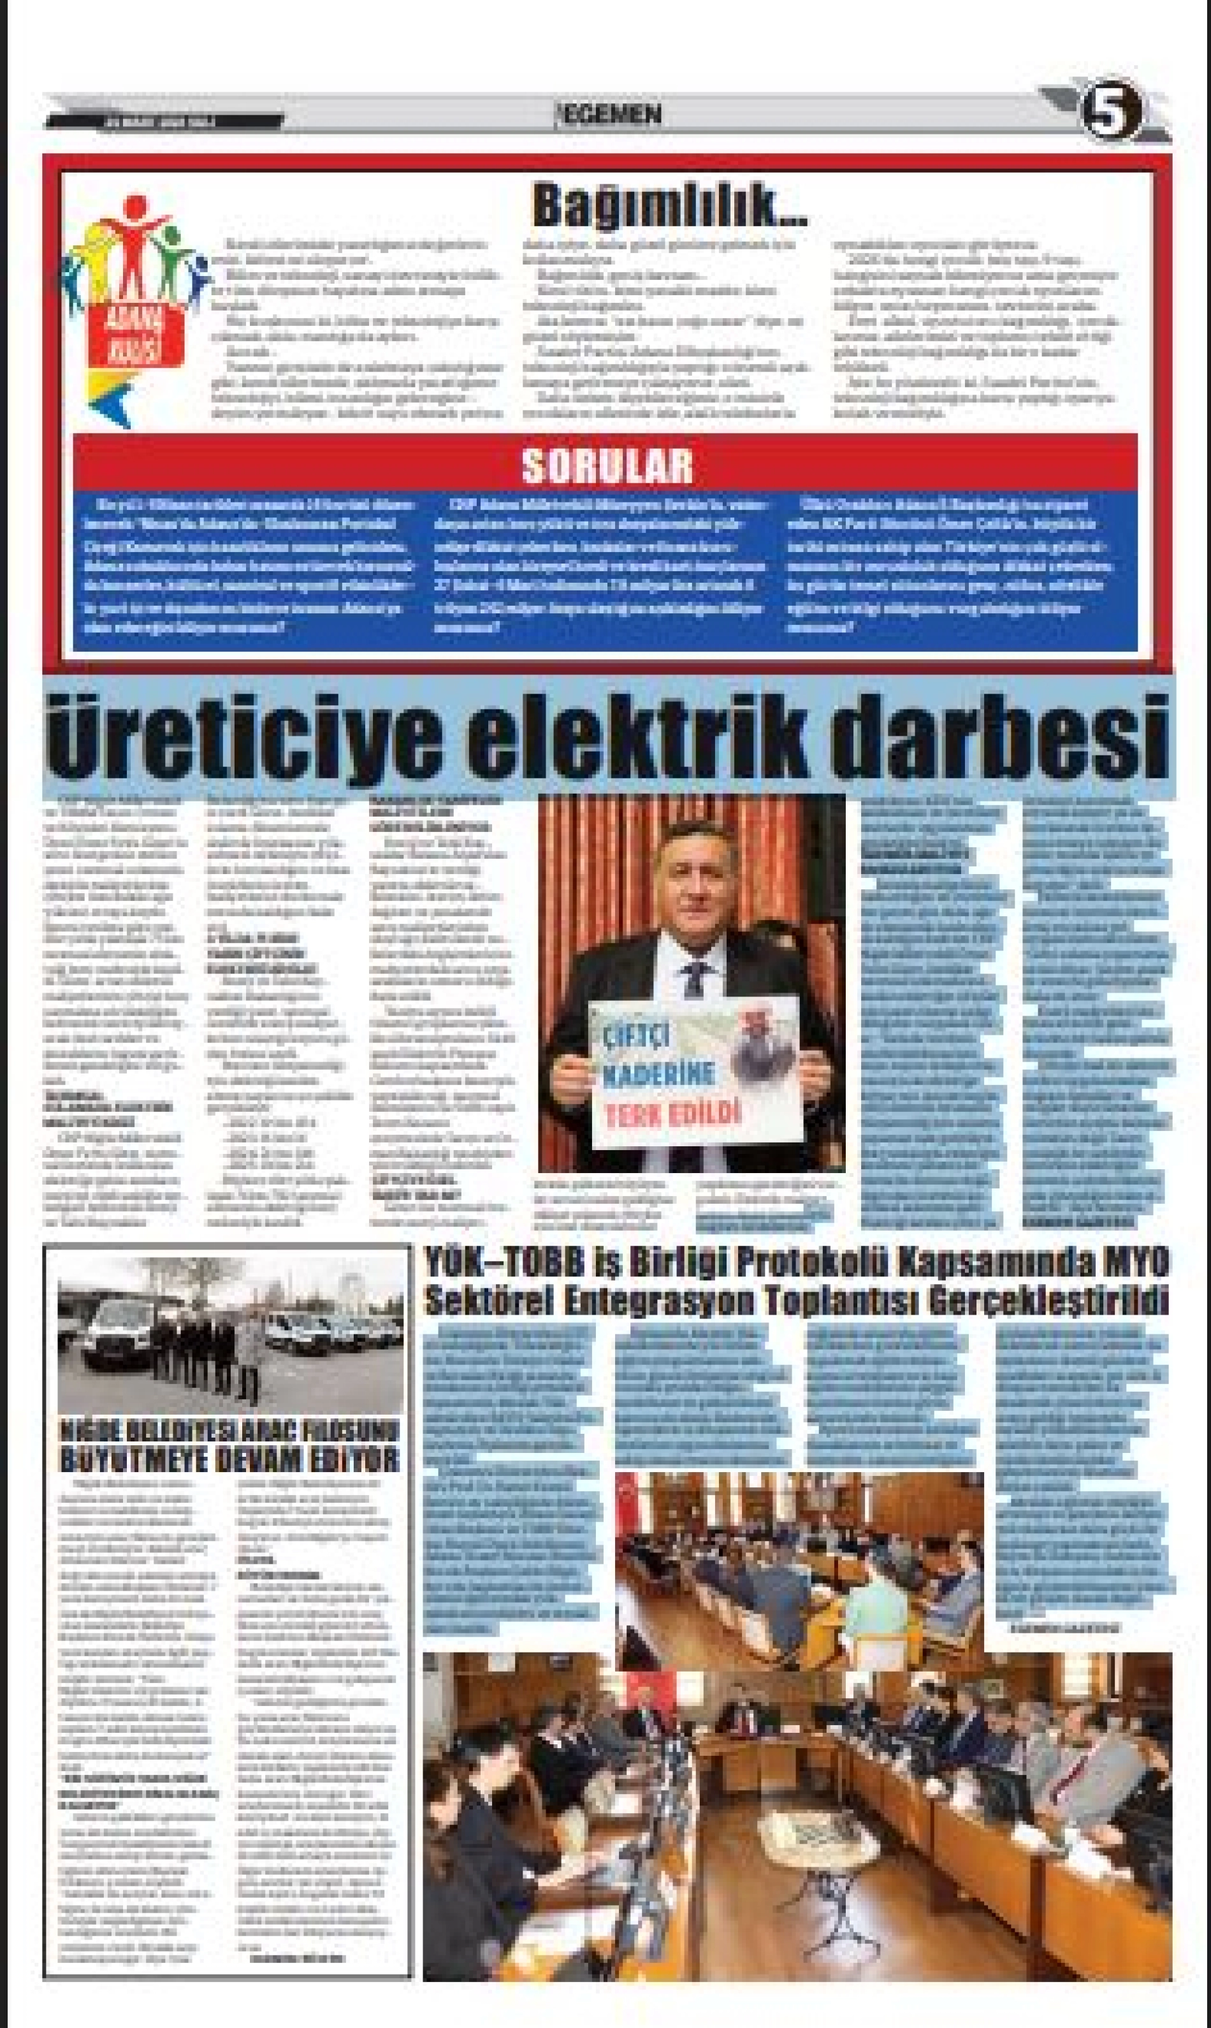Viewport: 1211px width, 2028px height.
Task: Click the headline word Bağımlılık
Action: coord(669,207)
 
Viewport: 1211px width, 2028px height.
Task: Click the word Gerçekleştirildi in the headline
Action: coord(1060,1301)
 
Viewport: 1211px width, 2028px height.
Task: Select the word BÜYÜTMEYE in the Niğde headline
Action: coord(131,1459)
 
